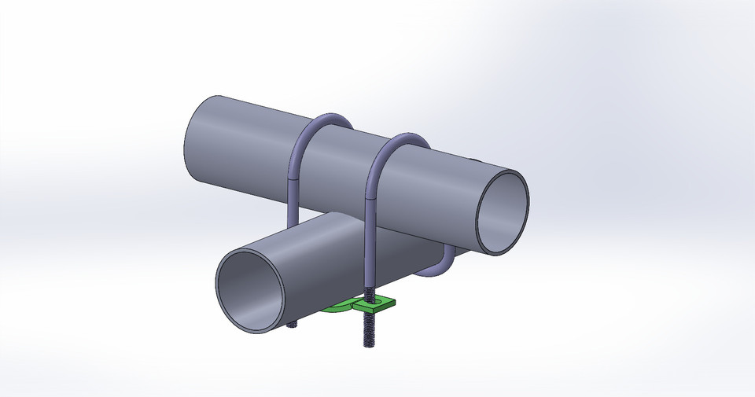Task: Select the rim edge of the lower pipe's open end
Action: pos(219,283)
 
